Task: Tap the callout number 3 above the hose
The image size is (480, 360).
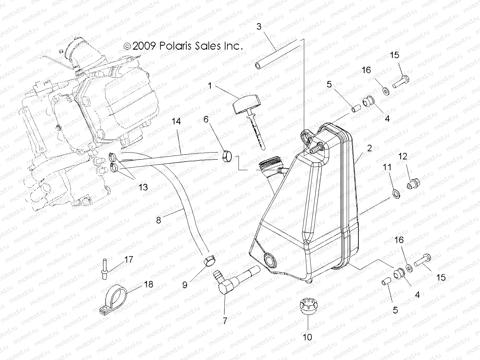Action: (x=259, y=26)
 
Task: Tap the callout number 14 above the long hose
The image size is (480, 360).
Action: (x=176, y=122)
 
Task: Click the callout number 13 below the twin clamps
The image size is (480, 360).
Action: (x=143, y=187)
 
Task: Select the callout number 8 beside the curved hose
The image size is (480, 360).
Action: (x=158, y=220)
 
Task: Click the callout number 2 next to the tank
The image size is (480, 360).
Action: (x=369, y=148)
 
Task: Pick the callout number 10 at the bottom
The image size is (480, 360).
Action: (x=307, y=337)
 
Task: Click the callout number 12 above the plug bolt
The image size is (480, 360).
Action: (x=403, y=156)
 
